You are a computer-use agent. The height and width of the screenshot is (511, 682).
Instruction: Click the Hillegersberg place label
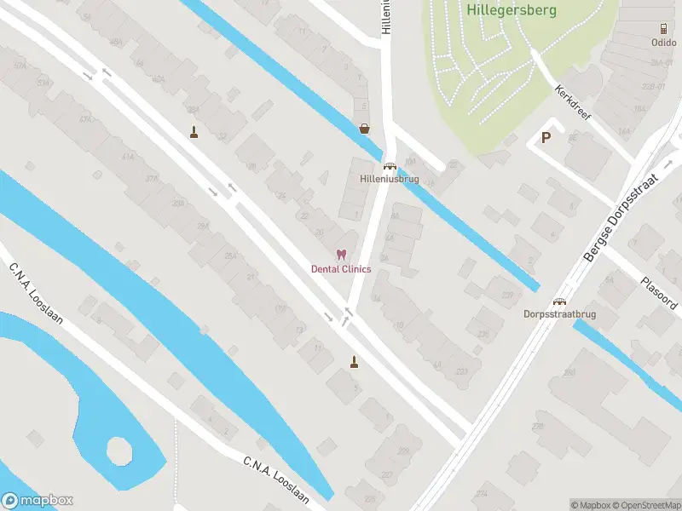(511, 11)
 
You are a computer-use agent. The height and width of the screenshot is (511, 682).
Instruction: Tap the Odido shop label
(663, 41)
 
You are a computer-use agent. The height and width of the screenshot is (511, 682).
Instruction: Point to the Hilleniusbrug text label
(390, 179)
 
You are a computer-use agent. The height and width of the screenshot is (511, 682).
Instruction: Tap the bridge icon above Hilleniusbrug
(390, 166)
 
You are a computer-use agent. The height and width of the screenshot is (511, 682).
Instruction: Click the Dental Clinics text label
(341, 269)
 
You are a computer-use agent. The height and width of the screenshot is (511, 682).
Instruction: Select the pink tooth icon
(341, 255)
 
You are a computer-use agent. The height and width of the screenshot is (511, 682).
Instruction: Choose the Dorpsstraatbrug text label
(559, 314)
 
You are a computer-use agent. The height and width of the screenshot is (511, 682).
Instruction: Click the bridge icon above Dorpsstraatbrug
(560, 301)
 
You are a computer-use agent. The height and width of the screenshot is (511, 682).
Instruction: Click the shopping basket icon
(365, 129)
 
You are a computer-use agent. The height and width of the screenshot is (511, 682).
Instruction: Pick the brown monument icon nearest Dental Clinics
(354, 362)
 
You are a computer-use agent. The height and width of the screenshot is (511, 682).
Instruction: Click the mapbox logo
(38, 501)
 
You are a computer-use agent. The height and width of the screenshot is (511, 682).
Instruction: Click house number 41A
(129, 158)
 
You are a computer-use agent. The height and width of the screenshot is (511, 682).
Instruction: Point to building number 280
(569, 372)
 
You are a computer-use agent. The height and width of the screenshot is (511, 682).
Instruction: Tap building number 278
(537, 426)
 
